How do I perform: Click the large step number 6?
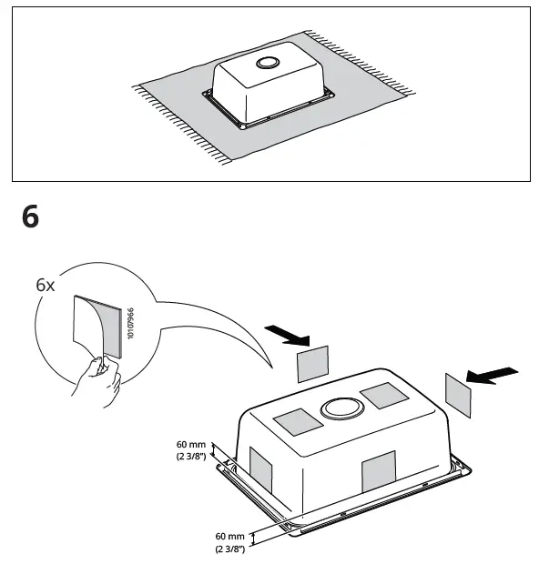(x=31, y=218)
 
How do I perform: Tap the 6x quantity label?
(x=46, y=285)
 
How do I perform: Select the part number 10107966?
(x=130, y=324)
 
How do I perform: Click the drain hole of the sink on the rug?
(x=268, y=64)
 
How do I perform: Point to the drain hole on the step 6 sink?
(x=341, y=408)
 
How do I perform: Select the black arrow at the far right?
(x=491, y=374)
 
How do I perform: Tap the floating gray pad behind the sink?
(x=312, y=364)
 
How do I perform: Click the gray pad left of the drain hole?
(x=298, y=421)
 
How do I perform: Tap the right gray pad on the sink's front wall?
(x=379, y=473)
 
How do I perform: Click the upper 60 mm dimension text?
(x=191, y=445)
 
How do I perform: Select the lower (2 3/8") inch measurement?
(x=229, y=550)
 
